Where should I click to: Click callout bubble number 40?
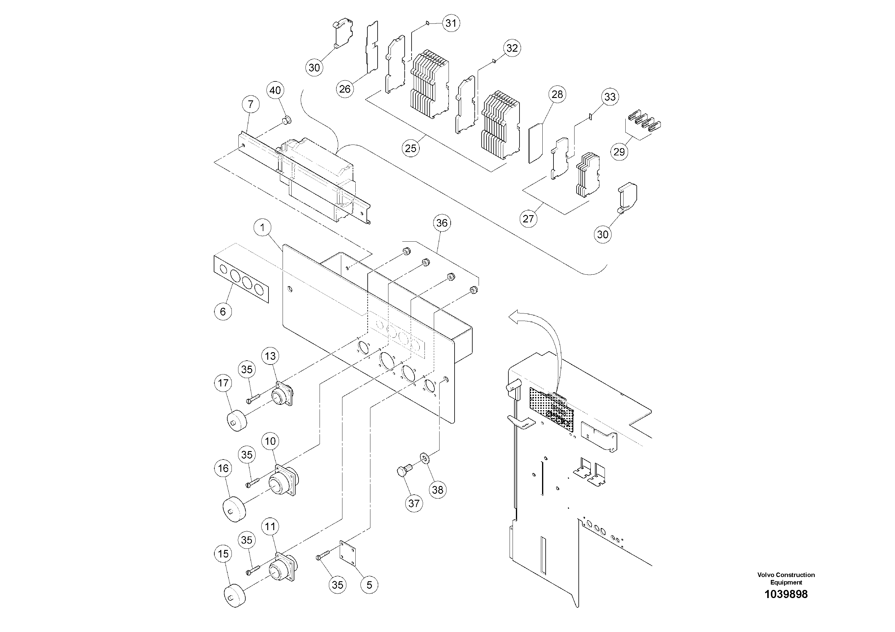[x=275, y=90]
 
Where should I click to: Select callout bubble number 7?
[x=251, y=104]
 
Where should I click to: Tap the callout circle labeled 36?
[x=442, y=223]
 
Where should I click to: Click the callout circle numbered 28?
[x=557, y=94]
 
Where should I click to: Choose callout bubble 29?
[x=619, y=151]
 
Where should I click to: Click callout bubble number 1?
[x=263, y=227]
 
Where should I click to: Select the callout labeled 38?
[x=438, y=490]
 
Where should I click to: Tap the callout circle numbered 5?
[x=369, y=585]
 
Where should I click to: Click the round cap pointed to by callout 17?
[x=238, y=421]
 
